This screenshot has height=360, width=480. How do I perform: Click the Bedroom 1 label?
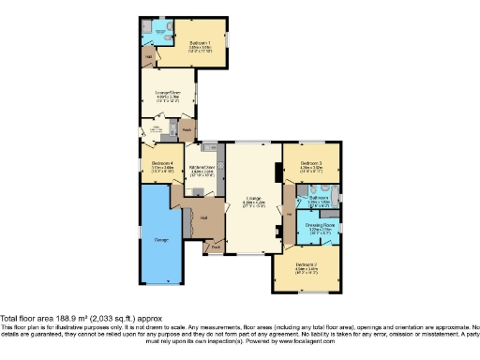click(198, 43)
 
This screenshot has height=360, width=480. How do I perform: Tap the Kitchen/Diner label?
click(203, 168)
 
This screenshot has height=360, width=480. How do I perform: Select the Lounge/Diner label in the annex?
click(167, 92)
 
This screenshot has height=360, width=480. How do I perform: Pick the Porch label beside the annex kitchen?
click(187, 128)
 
